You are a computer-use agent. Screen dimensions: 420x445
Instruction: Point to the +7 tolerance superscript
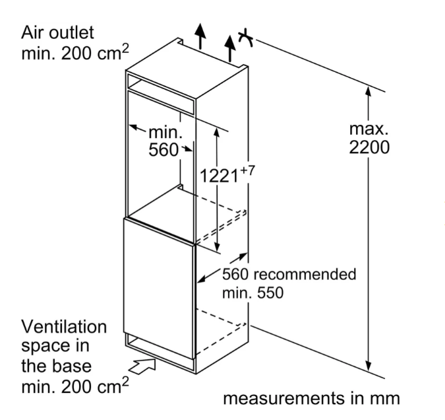pos(247,168)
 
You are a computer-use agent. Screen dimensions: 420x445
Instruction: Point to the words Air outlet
pos(58,32)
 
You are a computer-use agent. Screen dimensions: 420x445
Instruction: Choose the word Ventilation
pos(64,327)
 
